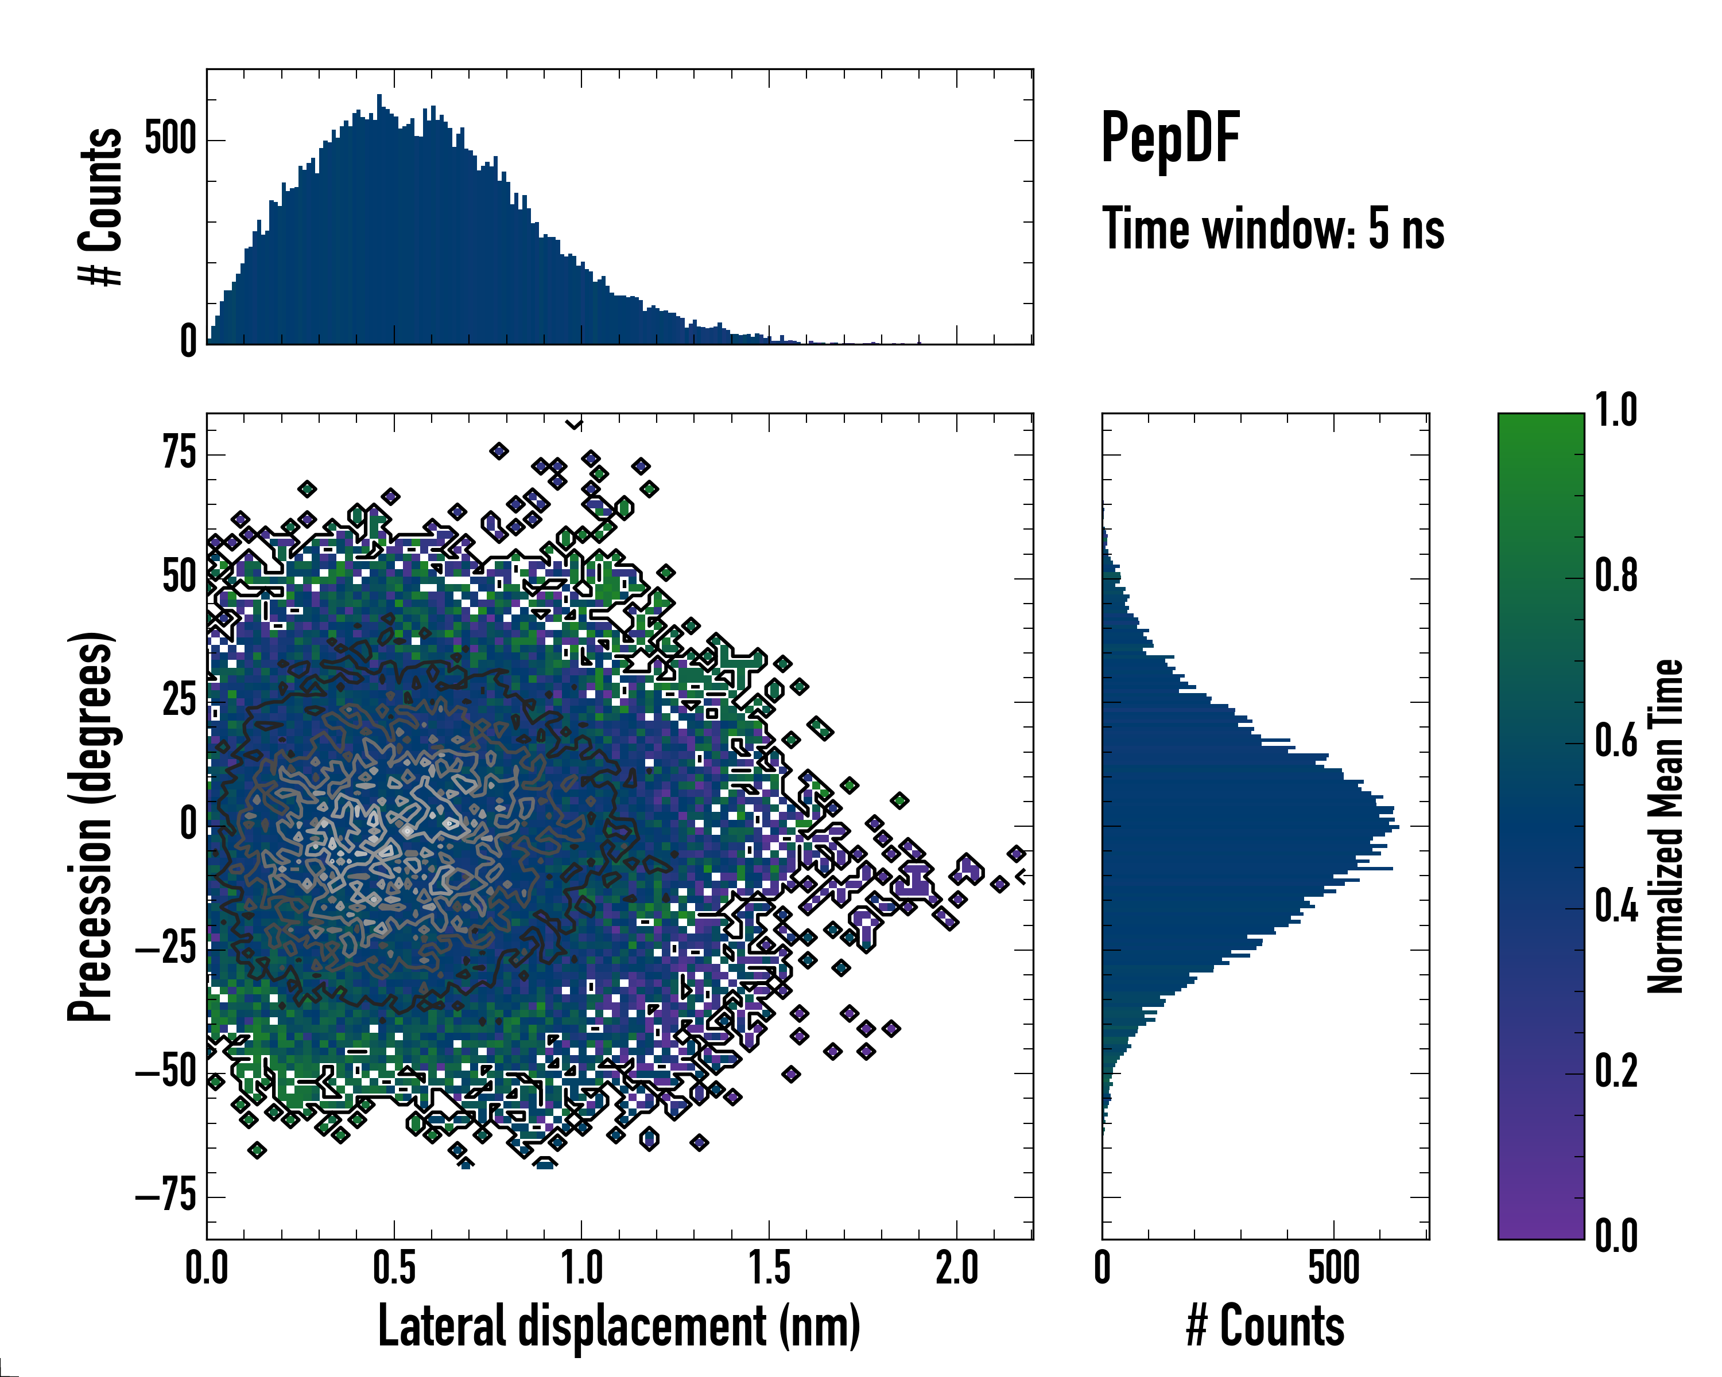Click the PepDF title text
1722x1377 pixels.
pyautogui.click(x=1169, y=139)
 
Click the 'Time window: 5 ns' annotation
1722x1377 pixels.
pyautogui.click(x=1273, y=229)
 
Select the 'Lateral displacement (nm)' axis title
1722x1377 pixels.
pyautogui.click(x=619, y=1326)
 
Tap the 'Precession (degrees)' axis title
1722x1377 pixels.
pyautogui.click(x=90, y=826)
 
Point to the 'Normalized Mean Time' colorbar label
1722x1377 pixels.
pyautogui.click(x=1665, y=826)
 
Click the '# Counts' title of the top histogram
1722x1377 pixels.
pyautogui.click(x=100, y=206)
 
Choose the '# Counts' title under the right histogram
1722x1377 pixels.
pyautogui.click(x=1265, y=1326)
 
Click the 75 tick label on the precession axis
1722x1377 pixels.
pyautogui.click(x=179, y=453)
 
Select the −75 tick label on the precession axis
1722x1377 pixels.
pyautogui.click(x=166, y=1197)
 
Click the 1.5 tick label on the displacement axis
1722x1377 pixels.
pyautogui.click(x=769, y=1269)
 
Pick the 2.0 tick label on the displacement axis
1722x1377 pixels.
pyautogui.click(x=957, y=1269)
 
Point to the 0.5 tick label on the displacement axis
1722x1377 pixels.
pyautogui.click(x=394, y=1269)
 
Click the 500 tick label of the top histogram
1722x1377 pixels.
pyautogui.click(x=170, y=139)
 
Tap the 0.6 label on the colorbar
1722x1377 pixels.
pyautogui.click(x=1616, y=742)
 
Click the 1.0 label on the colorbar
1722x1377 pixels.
pyautogui.click(x=1616, y=411)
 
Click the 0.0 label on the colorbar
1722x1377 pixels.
pyautogui.click(x=1616, y=1236)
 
